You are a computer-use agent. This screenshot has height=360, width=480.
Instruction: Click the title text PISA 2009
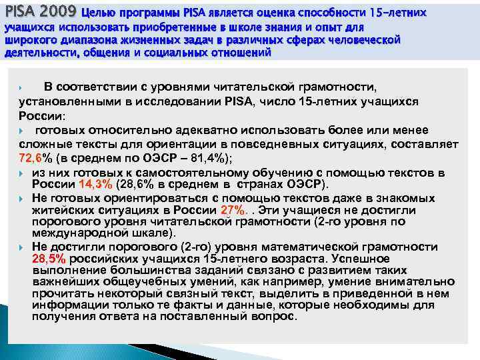coord(40,11)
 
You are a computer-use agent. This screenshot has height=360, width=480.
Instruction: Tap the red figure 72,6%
coord(34,158)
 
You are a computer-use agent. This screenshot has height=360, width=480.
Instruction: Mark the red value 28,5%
coord(49,258)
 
